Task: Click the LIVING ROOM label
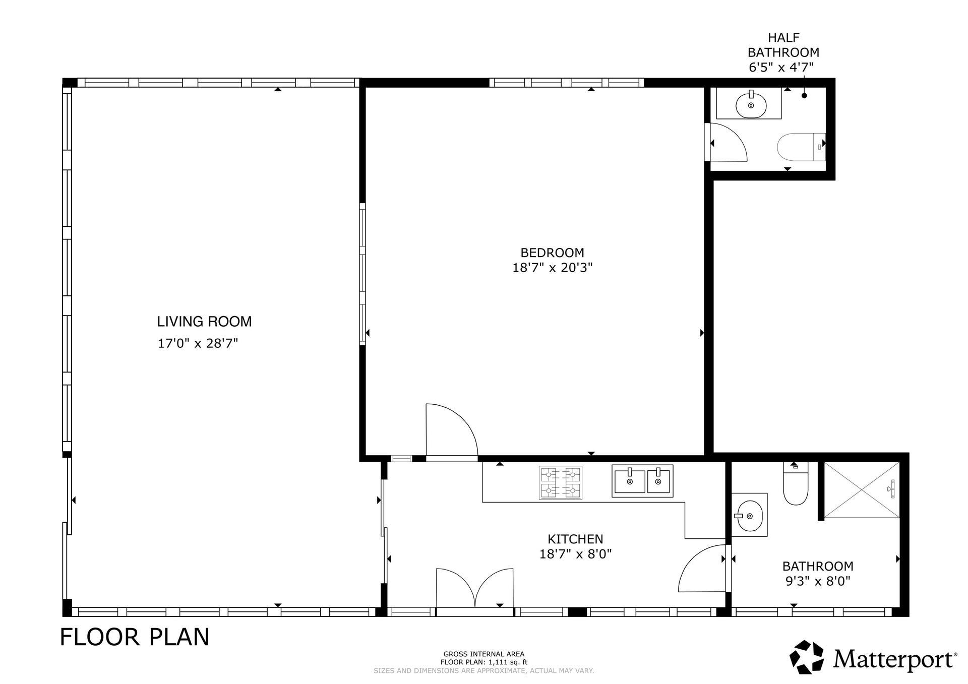tap(204, 322)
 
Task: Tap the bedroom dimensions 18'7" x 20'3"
tap(552, 268)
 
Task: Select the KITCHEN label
tap(575, 539)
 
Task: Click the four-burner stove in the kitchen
tap(560, 482)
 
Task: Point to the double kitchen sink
tap(642, 481)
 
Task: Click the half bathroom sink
tap(751, 105)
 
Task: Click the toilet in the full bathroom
tap(796, 483)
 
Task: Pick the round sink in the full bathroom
tap(750, 516)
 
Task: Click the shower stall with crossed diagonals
tap(862, 489)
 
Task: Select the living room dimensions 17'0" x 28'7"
tap(198, 344)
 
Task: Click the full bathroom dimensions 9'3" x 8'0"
tap(818, 581)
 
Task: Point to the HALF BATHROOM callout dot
tap(804, 96)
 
